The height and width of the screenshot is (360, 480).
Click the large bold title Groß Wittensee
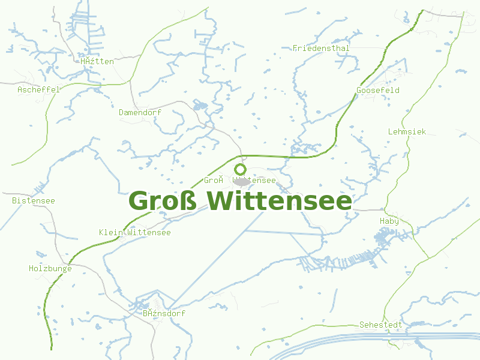coord(240,201)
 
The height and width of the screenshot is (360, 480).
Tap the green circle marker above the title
coord(241,169)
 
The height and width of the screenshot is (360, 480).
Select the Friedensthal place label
coord(321,48)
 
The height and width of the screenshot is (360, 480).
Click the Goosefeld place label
coord(378,90)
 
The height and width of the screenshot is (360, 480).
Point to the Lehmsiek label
coord(407,131)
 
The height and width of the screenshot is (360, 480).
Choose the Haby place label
coord(389,221)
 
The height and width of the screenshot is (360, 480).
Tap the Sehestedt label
coord(381,325)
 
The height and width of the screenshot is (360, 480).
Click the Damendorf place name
coord(140,112)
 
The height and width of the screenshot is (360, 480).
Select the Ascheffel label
coord(38,89)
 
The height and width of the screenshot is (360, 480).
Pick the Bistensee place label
coord(34,200)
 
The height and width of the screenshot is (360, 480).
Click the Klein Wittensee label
coord(135,232)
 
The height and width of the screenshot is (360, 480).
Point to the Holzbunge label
coord(50,268)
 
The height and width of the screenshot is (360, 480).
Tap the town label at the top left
coord(97,61)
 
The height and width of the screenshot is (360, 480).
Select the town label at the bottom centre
coord(164,313)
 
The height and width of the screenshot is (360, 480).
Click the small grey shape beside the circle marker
coord(242,181)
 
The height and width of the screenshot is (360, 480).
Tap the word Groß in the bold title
coord(163,201)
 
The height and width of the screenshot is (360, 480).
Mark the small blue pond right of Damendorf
coord(200,106)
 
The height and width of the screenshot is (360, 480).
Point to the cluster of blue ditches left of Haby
coord(336,262)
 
